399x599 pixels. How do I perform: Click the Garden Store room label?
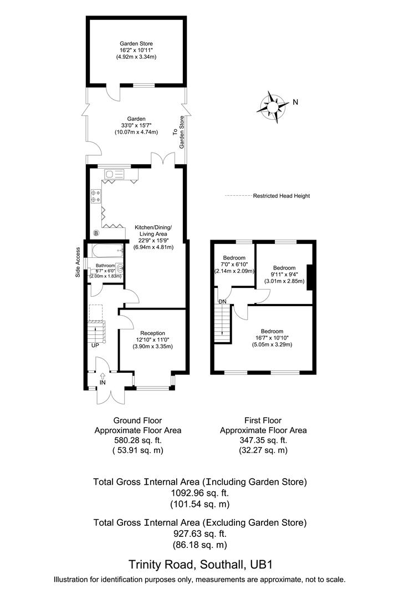[136, 43]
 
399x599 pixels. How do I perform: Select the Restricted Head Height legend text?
[281, 196]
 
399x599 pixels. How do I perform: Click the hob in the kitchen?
[95, 196]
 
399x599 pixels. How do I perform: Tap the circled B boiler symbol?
[95, 233]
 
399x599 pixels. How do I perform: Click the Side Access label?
[78, 262]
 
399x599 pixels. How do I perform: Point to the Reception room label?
[152, 333]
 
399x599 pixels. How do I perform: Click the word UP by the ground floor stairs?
[95, 345]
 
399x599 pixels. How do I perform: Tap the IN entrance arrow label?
[103, 383]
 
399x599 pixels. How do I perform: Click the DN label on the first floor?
[222, 302]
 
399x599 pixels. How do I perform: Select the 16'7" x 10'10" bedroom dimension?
[272, 338]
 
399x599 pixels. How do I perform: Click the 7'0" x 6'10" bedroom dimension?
[234, 265]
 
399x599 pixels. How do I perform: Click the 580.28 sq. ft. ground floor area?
[137, 440]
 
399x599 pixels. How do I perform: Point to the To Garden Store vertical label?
[178, 132]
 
